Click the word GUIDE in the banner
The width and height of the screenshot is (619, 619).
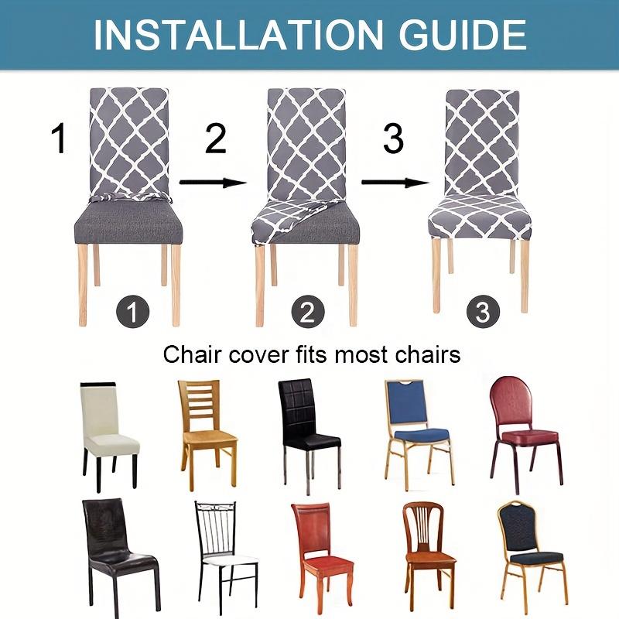point(457,34)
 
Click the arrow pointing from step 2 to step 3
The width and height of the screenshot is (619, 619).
point(395,183)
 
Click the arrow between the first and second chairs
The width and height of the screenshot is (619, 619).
point(213,183)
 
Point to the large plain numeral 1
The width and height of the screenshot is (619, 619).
point(59,140)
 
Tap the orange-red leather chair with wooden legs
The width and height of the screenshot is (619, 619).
point(320,550)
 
